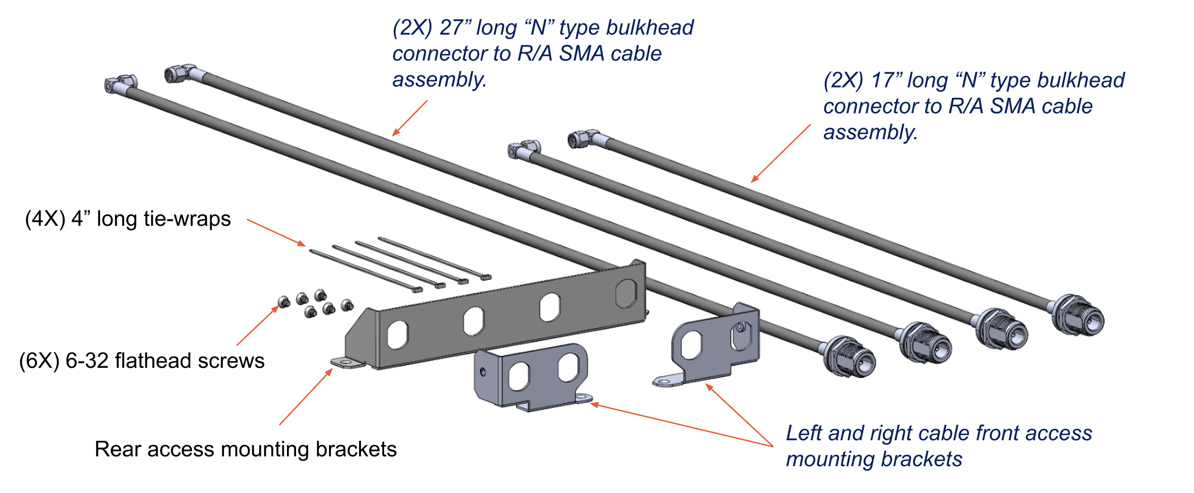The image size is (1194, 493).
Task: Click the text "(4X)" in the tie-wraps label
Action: (x=45, y=219)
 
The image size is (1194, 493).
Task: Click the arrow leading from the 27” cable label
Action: (x=410, y=118)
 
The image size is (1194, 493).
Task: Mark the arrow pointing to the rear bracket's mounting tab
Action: (x=306, y=397)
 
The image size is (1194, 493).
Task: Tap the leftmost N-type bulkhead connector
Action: (x=850, y=357)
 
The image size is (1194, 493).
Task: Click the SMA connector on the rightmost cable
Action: (x=583, y=138)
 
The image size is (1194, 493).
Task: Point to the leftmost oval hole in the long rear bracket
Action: (x=398, y=334)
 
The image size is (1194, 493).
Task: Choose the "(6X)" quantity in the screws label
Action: (x=39, y=361)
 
